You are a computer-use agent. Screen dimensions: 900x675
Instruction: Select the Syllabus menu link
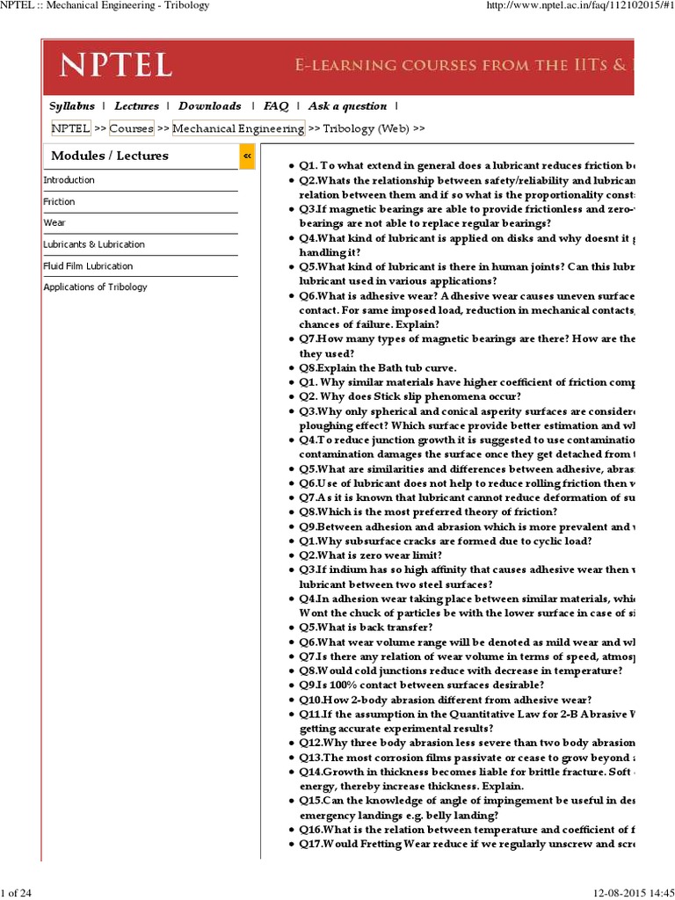coord(72,106)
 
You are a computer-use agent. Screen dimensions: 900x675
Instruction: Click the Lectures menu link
coord(137,106)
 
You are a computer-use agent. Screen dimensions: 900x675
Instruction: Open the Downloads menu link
coord(210,106)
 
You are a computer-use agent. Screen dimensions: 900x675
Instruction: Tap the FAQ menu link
coord(276,106)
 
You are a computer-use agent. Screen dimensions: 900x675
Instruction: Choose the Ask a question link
coord(347,106)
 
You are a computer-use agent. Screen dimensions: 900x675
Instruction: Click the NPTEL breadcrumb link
coord(70,128)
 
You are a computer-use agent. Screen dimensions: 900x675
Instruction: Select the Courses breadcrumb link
coord(131,128)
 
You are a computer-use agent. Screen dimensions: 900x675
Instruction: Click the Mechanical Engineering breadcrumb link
coord(238,128)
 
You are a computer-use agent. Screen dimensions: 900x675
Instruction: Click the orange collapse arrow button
coord(247,156)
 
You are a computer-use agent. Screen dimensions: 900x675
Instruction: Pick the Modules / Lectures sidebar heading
coord(110,156)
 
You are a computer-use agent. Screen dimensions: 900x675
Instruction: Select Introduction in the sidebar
coord(69,180)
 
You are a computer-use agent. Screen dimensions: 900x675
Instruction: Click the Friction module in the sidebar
coord(60,202)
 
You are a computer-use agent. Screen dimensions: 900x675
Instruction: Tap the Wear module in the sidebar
coord(54,223)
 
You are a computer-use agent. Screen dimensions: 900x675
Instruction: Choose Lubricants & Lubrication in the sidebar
coord(94,244)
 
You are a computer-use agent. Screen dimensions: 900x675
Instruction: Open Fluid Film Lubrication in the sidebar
coord(89,266)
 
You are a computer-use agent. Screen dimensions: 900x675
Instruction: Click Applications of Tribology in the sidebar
coord(96,287)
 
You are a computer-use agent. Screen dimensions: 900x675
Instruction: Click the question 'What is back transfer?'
coord(366,628)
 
